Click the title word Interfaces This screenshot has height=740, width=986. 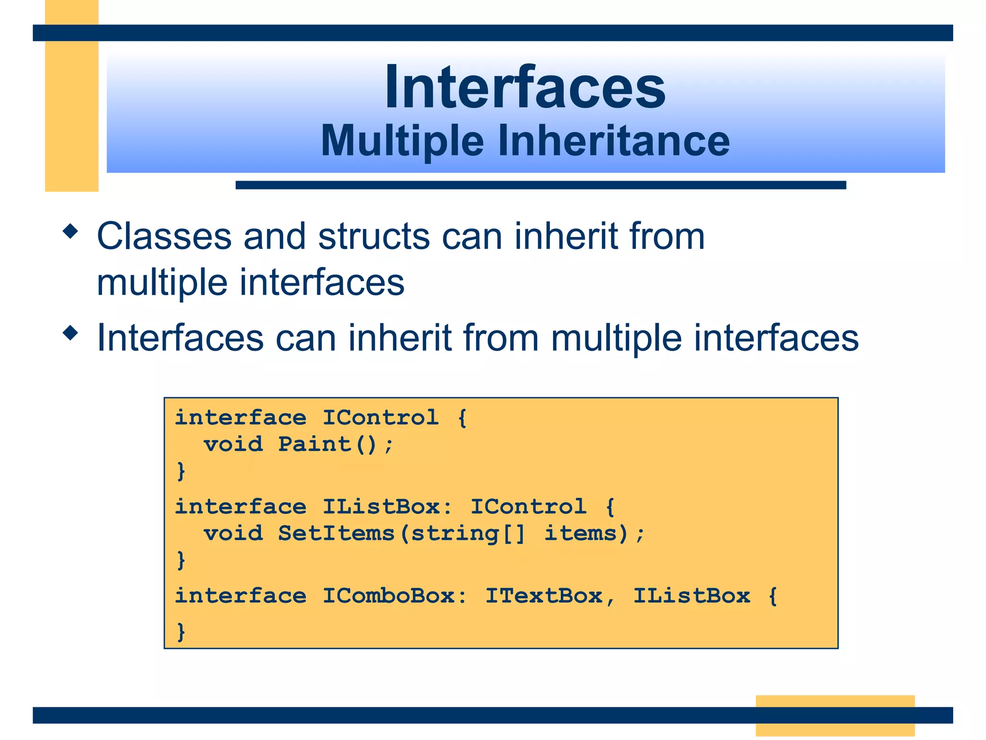click(525, 88)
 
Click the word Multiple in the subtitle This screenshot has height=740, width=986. click(402, 141)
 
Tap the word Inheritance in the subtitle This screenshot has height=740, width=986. click(614, 141)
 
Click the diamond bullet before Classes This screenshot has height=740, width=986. click(70, 231)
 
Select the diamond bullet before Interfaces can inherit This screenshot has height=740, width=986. click(70, 333)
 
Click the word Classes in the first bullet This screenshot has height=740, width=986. click(164, 237)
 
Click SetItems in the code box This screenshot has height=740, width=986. click(336, 533)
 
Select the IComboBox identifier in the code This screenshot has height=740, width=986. click(389, 596)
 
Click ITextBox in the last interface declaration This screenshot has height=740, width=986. click(544, 596)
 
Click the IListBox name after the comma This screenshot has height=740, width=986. click(691, 596)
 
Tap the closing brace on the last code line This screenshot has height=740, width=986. click(181, 632)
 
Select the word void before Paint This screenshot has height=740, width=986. click(233, 444)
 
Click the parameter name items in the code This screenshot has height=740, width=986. click(581, 533)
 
